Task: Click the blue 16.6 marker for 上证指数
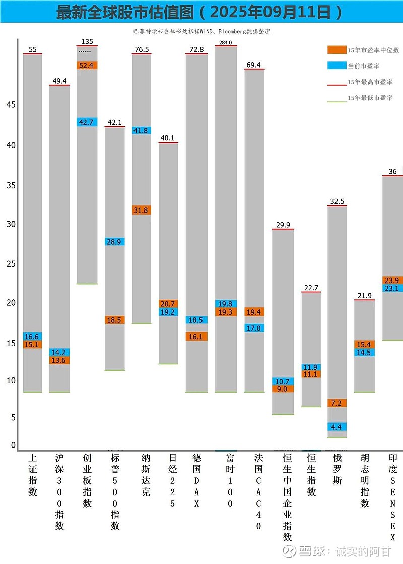coord(33,336)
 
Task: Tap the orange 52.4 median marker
coord(87,65)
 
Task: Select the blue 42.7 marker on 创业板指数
coord(87,122)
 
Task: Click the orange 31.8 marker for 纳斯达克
coord(142,210)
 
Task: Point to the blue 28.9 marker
coord(115,242)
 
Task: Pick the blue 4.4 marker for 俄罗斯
coord(337,427)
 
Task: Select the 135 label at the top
coord(87,41)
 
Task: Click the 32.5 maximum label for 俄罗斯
coord(337,201)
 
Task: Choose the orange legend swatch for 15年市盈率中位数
coord(335,50)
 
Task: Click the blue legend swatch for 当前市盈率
coord(335,66)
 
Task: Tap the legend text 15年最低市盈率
coord(370,98)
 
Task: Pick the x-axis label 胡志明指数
coord(365,481)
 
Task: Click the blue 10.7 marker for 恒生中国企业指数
coord(283,381)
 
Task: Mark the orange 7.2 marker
coord(337,403)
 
